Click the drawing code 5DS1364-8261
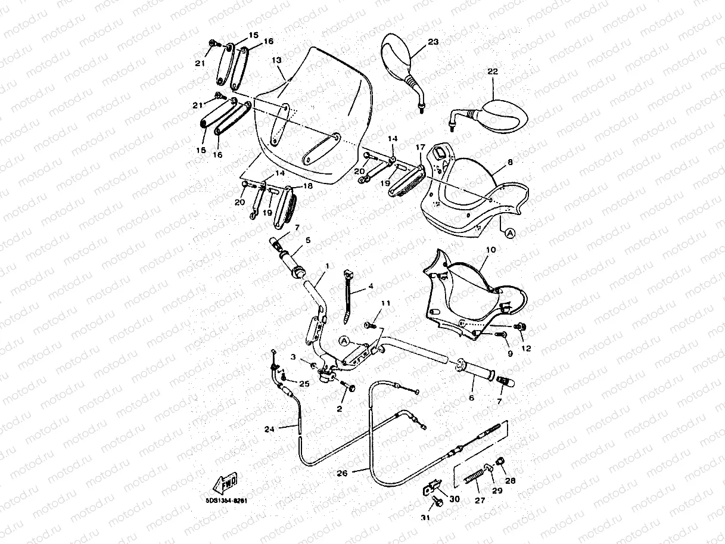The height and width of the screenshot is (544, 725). pos(224,501)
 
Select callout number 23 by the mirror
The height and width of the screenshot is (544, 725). pos(432,42)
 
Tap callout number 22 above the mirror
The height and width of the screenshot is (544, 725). pos(492,72)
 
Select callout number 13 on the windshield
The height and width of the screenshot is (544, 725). pos(276,60)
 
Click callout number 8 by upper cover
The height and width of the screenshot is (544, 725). pos(509,161)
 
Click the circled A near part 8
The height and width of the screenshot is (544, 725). pos(509,235)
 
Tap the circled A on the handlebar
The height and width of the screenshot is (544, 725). pos(344,340)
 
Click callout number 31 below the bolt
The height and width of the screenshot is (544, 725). pos(425,518)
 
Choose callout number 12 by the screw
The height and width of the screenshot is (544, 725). pos(525,348)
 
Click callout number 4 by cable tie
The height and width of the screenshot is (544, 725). pos(371,286)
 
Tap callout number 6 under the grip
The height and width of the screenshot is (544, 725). pos(471,397)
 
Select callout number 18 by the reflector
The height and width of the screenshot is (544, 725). pos(308,185)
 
